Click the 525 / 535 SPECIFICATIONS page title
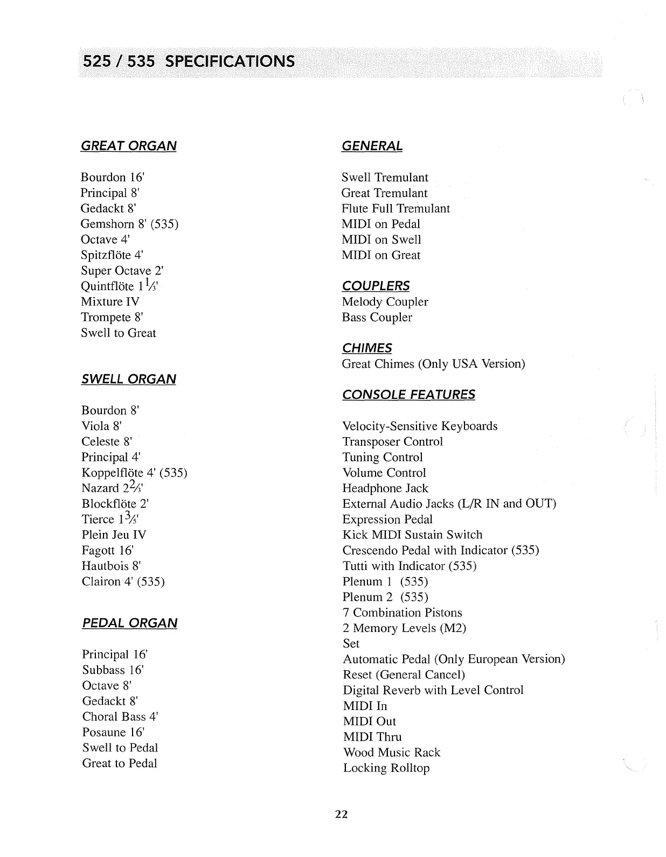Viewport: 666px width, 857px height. click(188, 61)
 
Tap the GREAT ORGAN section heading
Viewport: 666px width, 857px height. click(128, 146)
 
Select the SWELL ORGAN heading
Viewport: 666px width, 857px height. click(128, 379)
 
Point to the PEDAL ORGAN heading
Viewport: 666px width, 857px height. click(129, 623)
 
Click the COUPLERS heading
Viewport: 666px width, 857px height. click(376, 286)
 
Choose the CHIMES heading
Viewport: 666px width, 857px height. click(366, 348)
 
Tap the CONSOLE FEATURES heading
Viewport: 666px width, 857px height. click(408, 395)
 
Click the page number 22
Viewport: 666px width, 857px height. click(342, 814)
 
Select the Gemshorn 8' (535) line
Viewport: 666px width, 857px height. click(129, 224)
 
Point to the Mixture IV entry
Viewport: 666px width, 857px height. click(110, 301)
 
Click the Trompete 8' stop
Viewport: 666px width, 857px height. click(112, 317)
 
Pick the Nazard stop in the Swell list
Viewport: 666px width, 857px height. click(112, 488)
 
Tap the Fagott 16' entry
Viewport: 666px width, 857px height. click(107, 550)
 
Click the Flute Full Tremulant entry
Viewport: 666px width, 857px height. click(396, 208)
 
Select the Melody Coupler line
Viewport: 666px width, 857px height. click(385, 302)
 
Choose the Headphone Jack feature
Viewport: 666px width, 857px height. click(385, 488)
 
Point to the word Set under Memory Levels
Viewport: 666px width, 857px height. click(351, 643)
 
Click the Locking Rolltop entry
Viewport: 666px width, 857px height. click(386, 768)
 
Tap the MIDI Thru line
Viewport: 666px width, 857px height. click(372, 737)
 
